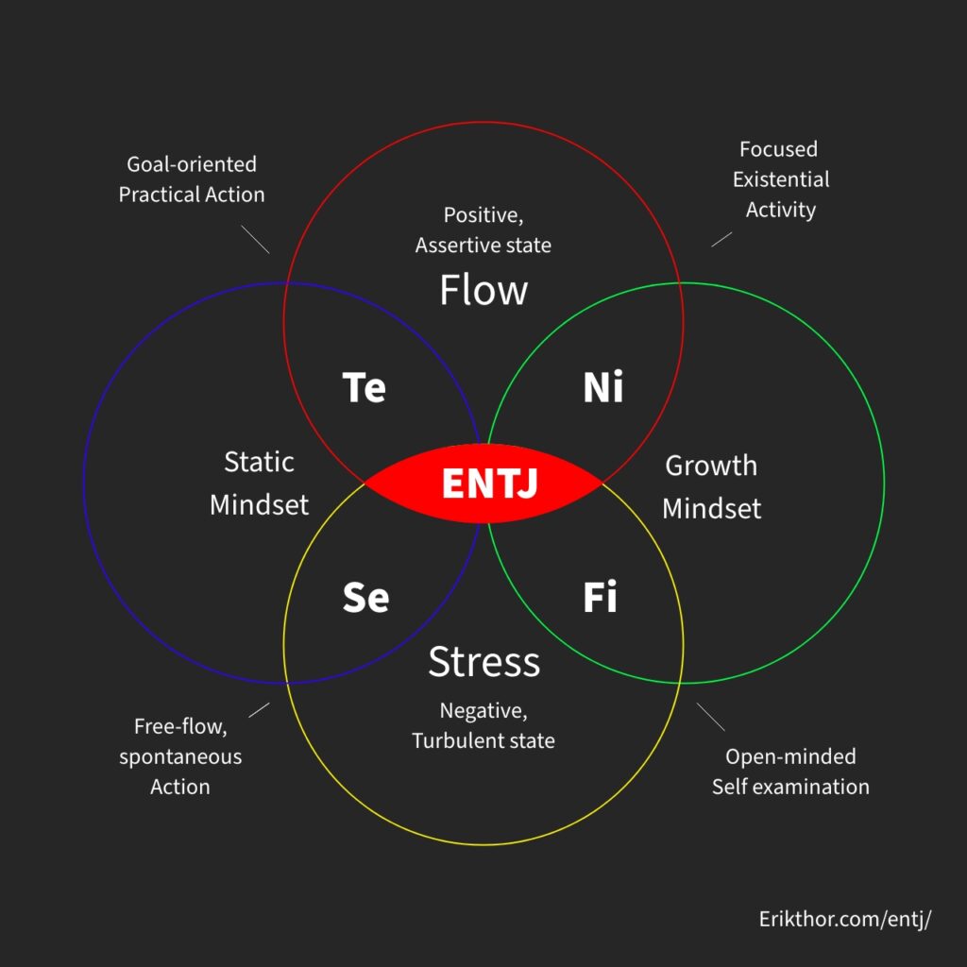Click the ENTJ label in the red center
[490, 483]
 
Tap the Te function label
[364, 387]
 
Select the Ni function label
[603, 387]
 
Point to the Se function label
[365, 597]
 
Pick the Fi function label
[600, 597]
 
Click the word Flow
[483, 290]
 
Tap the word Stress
[484, 662]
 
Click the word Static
[259, 462]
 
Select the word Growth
[711, 467]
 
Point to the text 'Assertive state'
[483, 246]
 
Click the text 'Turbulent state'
[483, 740]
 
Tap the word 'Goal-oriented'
[192, 164]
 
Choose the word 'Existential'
[781, 179]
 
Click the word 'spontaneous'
[180, 757]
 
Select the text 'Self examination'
[790, 787]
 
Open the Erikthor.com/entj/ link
[845, 920]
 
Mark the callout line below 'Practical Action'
[255, 239]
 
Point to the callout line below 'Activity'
[721, 239]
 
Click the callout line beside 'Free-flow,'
[259, 710]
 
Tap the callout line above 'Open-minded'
[711, 717]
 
